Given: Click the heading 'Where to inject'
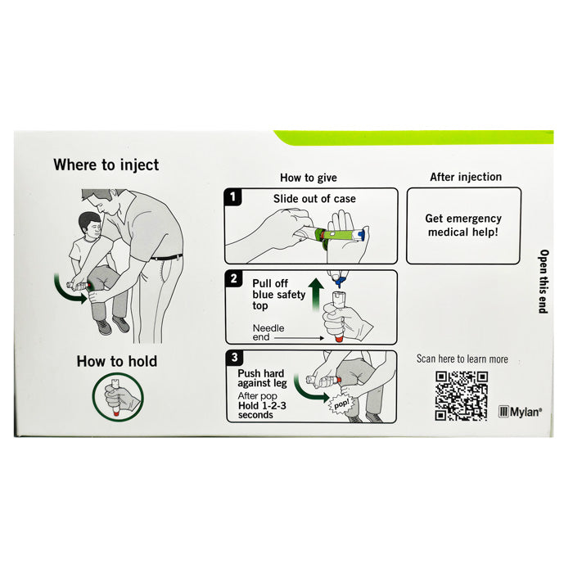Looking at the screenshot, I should coord(106,165).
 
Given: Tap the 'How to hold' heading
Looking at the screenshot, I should coord(117,361).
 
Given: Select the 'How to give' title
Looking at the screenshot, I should coord(309,178).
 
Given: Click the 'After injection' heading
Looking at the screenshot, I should coord(466,177).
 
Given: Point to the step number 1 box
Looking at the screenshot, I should coord(234,197).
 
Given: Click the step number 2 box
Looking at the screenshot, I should coord(234,279).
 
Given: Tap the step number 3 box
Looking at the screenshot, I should coord(234,359).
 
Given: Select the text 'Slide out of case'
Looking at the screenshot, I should coord(314,199).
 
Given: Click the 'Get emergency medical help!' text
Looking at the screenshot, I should coord(463,225).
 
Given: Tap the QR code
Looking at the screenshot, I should coord(462,396).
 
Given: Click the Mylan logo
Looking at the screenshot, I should coord(520,412).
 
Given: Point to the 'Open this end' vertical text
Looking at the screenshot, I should coord(543,281).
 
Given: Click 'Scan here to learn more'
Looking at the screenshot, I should coord(462,359).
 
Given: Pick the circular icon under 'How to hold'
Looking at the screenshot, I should coord(117,398).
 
